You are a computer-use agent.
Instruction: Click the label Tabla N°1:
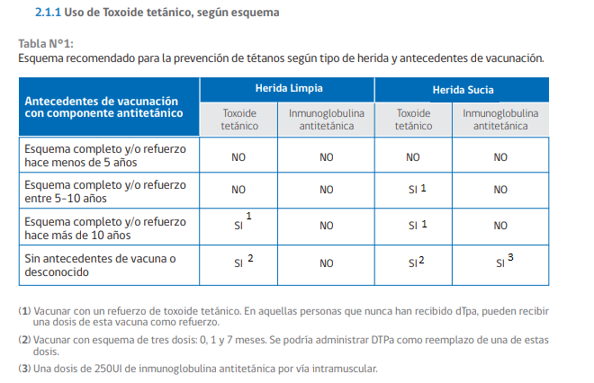click(46, 44)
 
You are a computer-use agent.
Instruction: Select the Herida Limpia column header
click(288, 89)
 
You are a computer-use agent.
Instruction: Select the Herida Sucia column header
click(463, 90)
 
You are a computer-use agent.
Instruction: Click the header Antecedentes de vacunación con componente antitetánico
click(103, 107)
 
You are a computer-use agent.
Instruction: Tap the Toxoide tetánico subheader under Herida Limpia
click(239, 120)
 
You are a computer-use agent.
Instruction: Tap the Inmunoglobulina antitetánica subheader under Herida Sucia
click(500, 120)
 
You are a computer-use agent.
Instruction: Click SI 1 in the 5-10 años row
click(414, 190)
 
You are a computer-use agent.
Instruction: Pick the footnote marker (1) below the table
click(24, 310)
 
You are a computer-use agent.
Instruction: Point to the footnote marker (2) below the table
click(24, 340)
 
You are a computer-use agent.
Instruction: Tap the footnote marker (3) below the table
click(24, 369)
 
